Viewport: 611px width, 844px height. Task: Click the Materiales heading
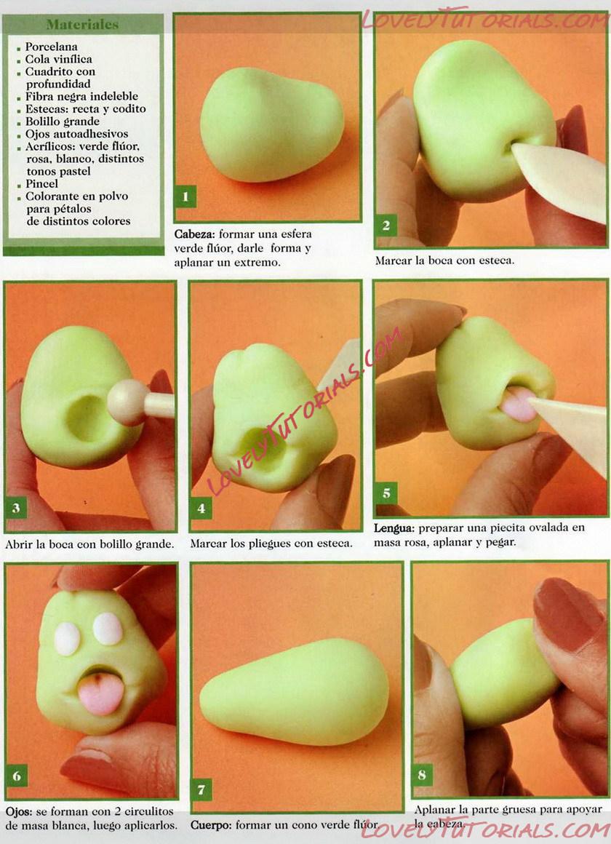tap(82, 24)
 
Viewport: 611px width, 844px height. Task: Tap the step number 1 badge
tap(185, 197)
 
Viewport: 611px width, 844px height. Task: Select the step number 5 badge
tap(386, 493)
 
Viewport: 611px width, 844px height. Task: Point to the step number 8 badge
tap(422, 775)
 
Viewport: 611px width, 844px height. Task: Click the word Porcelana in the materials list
tap(51, 47)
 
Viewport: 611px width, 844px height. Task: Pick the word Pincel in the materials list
tap(41, 183)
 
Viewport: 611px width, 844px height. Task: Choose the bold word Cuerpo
tap(211, 824)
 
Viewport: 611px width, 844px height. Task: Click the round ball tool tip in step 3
tap(128, 402)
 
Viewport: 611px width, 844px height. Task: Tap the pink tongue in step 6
tap(100, 693)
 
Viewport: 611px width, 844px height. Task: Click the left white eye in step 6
tap(68, 639)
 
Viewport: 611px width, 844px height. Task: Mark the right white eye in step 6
tap(108, 629)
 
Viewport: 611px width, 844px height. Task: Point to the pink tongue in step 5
tap(518, 405)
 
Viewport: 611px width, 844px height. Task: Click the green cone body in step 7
tap(295, 691)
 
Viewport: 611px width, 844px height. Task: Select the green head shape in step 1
tap(272, 124)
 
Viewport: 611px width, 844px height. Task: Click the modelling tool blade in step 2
tap(560, 178)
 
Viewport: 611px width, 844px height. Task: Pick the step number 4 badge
tap(201, 508)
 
